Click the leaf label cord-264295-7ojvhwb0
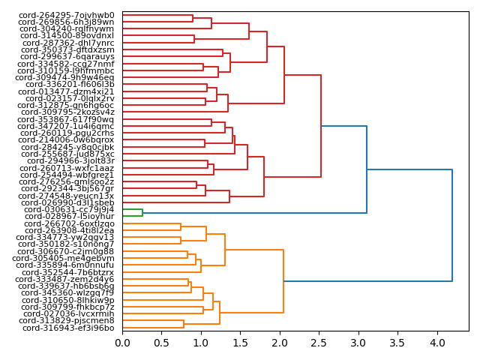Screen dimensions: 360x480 (67, 15)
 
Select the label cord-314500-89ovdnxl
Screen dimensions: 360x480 (67, 35)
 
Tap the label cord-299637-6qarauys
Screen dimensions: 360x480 (67, 56)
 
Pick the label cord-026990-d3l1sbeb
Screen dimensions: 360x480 (67, 202)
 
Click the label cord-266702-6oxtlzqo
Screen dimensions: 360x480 (67, 223)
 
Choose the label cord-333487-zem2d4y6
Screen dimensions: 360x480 (67, 279)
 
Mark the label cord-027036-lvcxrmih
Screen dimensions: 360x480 (68, 313)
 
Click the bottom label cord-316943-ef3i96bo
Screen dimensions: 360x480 (68, 328)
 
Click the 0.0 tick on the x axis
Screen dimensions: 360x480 (122, 343)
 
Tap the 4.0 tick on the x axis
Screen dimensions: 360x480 (436, 343)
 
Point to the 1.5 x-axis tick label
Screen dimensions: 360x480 (240, 343)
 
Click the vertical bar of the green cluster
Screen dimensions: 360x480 (142, 213)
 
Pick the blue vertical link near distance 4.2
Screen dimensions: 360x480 (452, 225)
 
